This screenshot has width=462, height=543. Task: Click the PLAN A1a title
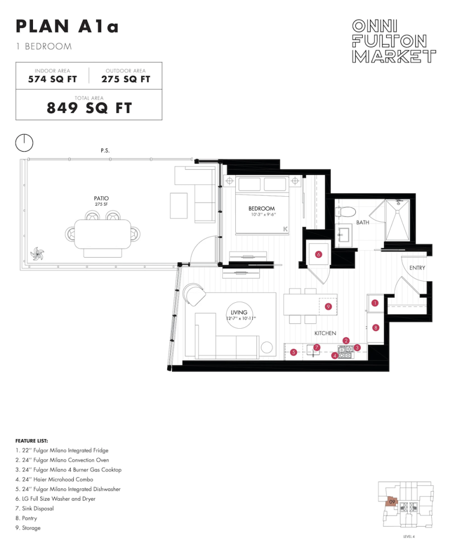67,27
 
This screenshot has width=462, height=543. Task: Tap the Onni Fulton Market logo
393,41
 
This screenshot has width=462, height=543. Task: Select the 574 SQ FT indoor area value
53,80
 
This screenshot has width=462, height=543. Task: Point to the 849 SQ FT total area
89,108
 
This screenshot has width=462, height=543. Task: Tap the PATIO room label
101,198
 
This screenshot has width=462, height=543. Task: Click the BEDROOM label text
261,208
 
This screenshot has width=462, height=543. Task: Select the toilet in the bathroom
346,211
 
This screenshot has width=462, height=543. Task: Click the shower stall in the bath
398,220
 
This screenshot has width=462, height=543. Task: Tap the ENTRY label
417,268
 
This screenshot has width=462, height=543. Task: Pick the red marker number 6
319,255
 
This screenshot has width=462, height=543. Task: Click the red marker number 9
328,306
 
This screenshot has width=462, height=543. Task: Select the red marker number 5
294,353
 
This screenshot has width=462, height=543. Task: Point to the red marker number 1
374,303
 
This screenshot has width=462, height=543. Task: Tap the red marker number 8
375,328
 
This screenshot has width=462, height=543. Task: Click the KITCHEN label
325,333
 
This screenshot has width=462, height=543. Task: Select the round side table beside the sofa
267,347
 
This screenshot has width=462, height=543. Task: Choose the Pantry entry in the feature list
26,518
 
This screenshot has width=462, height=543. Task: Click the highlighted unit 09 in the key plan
391,502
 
